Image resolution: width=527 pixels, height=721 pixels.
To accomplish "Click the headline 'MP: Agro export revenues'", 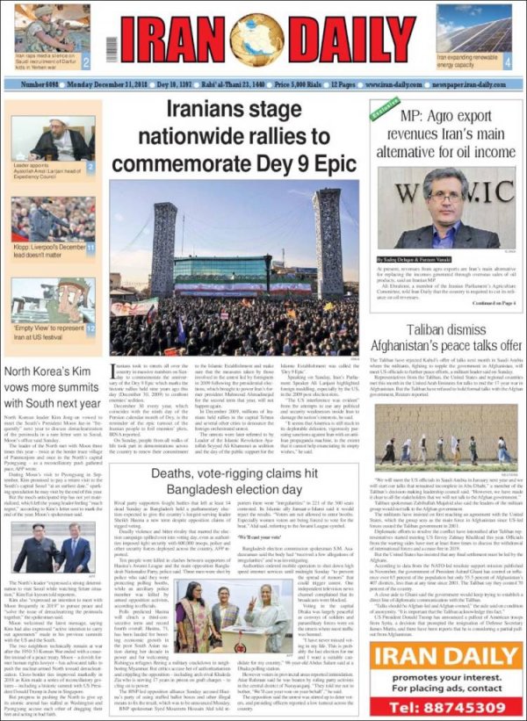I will click(446, 139).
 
